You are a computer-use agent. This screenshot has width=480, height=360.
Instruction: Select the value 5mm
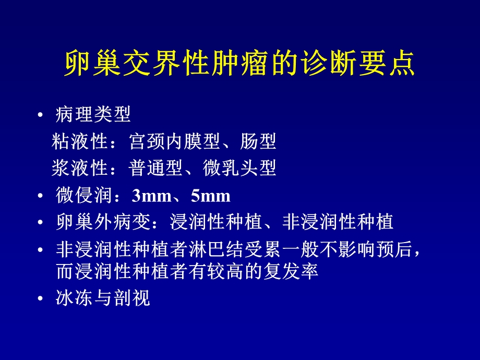pos(211,196)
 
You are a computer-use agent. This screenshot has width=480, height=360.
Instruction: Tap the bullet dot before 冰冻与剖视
pos(41,298)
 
